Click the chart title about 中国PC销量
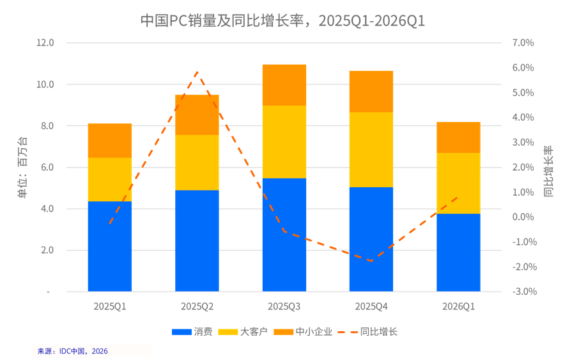(x=282, y=20)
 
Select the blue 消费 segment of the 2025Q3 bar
(x=284, y=235)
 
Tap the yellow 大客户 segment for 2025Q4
(x=371, y=150)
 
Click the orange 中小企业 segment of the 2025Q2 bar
(x=197, y=115)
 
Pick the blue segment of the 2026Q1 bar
(x=458, y=253)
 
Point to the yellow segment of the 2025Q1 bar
(x=110, y=180)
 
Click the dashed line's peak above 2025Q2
(x=197, y=72)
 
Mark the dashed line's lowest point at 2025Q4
(x=371, y=261)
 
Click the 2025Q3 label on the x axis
(x=284, y=307)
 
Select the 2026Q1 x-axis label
(x=458, y=307)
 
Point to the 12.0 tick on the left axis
(x=45, y=43)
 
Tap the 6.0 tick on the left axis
(x=45, y=168)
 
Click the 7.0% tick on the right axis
(x=522, y=43)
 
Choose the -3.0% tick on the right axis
(x=522, y=292)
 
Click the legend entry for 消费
(x=192, y=332)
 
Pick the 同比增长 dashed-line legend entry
(x=368, y=332)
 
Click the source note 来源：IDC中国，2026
(x=73, y=351)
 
